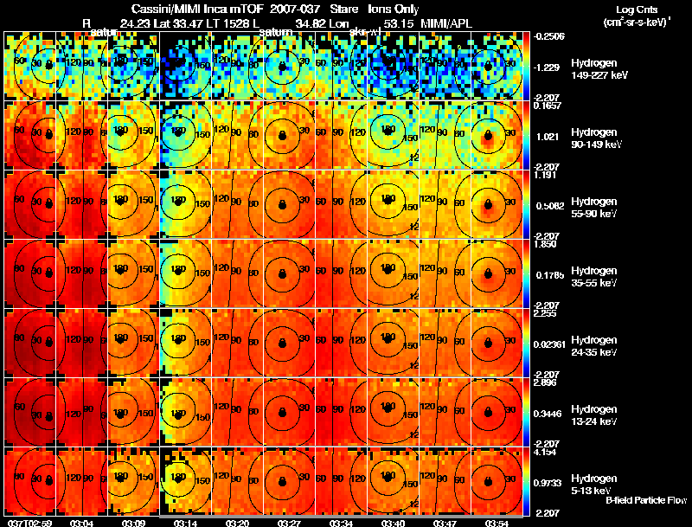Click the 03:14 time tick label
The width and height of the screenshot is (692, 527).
pyautogui.click(x=186, y=523)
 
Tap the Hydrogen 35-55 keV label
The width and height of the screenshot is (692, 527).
pyautogui.click(x=596, y=276)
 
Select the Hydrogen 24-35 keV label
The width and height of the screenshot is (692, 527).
pyautogui.click(x=596, y=345)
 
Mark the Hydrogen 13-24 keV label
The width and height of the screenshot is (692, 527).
pyautogui.click(x=596, y=415)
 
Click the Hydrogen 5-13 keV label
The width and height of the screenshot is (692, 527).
pyautogui.click(x=594, y=484)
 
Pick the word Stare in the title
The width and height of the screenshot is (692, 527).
pyautogui.click(x=331, y=8)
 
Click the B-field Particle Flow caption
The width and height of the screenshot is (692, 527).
pyautogui.click(x=646, y=500)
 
